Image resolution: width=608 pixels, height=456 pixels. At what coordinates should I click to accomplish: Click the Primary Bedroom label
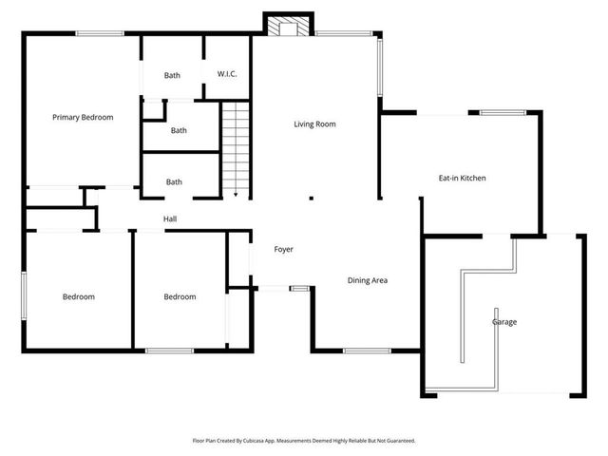83,118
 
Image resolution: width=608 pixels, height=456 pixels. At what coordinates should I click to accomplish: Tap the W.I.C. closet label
226,74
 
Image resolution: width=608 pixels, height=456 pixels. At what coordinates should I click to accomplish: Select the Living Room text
314,124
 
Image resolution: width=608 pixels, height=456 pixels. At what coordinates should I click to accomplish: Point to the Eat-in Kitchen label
462,178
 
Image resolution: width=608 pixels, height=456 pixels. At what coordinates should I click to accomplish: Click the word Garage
504,322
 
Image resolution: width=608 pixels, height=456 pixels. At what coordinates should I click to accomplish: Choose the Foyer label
283,250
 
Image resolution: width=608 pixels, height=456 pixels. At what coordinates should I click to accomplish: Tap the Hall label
170,219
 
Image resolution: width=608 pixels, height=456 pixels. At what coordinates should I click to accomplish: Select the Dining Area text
367,280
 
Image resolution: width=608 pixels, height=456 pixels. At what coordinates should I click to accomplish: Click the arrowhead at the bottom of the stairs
235,194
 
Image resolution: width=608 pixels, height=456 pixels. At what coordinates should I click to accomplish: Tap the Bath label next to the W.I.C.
172,75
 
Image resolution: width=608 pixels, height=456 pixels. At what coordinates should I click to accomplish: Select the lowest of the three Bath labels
174,182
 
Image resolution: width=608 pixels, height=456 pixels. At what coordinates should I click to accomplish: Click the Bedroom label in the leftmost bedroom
79,297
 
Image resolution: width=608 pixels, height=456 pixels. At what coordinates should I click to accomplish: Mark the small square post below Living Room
311,199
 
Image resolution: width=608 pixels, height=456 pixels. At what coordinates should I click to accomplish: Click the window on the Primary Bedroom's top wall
99,35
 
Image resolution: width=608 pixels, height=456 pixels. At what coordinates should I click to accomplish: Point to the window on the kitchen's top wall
501,113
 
